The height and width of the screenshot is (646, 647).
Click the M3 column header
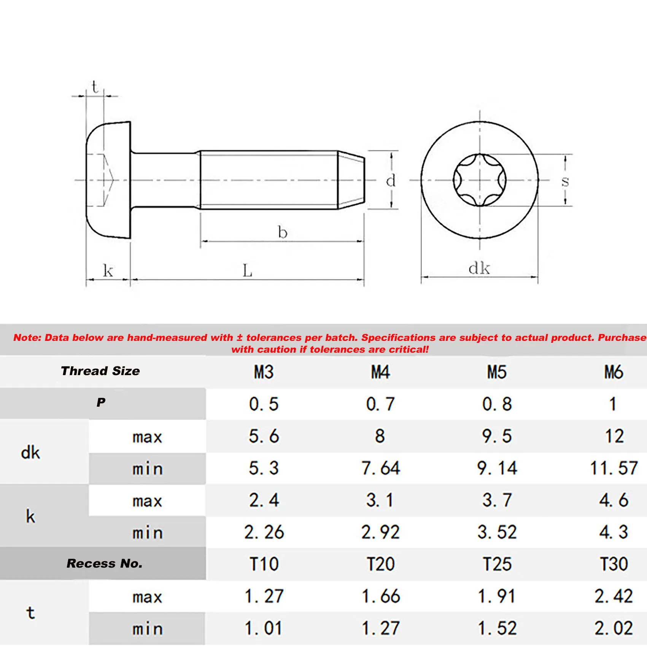coord(264,372)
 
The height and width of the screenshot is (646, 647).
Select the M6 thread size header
coord(614,372)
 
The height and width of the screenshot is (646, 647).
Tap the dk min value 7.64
coord(380,468)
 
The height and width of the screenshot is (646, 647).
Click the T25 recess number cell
coord(497,564)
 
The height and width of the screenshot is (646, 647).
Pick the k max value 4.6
coord(614,500)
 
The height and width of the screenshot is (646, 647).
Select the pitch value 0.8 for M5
coord(497,404)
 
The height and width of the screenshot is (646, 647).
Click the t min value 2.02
coord(614,628)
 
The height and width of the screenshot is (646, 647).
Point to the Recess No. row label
coord(104,563)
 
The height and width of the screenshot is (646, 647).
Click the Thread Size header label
coord(100,371)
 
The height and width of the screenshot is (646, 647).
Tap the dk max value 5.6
coord(264,436)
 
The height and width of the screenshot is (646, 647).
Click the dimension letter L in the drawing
coord(247,271)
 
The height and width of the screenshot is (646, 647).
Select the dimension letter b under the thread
coord(282,232)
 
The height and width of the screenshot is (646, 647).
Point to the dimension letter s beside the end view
coord(565,181)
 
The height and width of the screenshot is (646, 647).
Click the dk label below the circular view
coord(479,268)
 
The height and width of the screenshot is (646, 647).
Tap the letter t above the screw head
coord(95,87)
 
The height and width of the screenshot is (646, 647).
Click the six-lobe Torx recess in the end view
coord(480,180)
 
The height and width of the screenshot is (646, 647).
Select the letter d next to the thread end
coord(391,181)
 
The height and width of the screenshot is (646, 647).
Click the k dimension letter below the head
coord(108,271)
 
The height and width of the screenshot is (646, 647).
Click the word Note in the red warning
coord(27,337)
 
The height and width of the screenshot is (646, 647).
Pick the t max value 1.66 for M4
coord(380,596)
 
